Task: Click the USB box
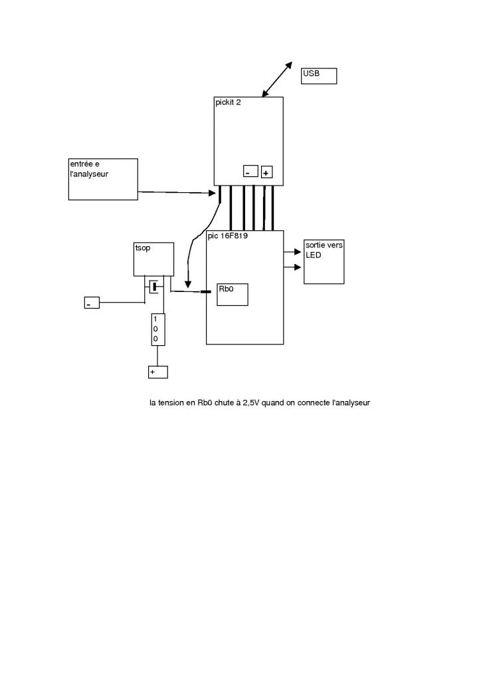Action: (319, 76)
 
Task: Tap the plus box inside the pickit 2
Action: (266, 172)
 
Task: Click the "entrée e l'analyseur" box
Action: (103, 179)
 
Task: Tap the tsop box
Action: (154, 259)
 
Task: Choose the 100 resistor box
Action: (157, 329)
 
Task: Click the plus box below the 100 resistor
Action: (157, 372)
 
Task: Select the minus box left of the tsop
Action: (92, 303)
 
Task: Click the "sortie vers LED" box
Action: (324, 261)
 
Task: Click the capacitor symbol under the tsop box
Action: (154, 287)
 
